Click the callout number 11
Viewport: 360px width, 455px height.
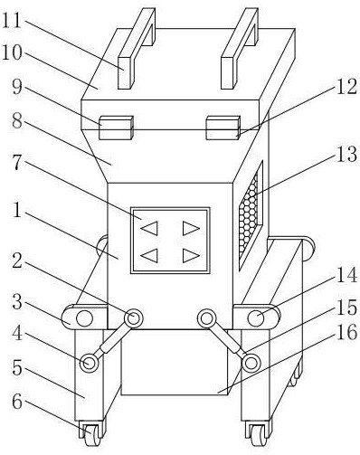pos(12,21)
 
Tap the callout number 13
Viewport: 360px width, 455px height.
pos(346,154)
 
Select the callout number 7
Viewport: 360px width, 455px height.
pos(17,163)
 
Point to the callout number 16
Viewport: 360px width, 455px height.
pos(346,333)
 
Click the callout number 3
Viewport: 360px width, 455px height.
pos(17,302)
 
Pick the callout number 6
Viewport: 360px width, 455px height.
pos(17,401)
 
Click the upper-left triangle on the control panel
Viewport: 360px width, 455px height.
pos(149,228)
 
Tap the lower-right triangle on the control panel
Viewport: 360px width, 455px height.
pos(191,256)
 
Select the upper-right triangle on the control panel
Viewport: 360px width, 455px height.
pos(191,228)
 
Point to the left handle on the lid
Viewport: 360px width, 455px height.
pos(137,48)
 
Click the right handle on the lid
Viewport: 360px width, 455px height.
pos(240,48)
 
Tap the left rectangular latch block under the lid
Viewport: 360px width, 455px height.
pos(116,128)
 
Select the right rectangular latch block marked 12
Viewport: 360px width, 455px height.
pos(223,128)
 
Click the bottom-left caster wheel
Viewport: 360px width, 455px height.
pos(91,434)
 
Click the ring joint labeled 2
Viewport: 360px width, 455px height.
pos(133,318)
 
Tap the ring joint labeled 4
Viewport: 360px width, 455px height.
pos(90,363)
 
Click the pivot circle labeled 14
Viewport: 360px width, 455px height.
pos(256,318)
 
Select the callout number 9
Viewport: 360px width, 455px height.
pos(17,87)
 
